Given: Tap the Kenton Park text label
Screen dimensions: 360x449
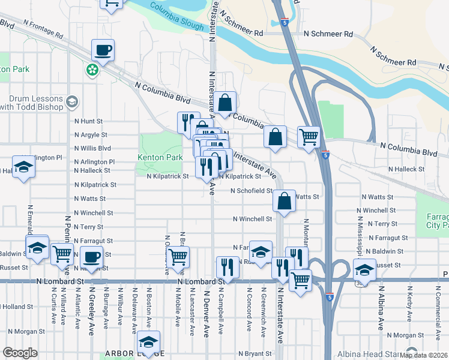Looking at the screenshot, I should (x=160, y=158).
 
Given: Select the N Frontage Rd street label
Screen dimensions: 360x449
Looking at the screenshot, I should (x=44, y=29).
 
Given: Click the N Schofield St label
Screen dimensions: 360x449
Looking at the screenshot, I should (x=253, y=191).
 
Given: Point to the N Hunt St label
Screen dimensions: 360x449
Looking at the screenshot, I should (x=89, y=121).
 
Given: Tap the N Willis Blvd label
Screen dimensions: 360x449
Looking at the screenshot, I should (x=92, y=148).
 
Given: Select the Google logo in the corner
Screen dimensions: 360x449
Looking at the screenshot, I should (x=20, y=353).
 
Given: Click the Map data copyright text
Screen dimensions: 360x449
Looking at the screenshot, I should (x=423, y=355).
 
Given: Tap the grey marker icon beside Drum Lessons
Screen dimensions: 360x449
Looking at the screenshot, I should (x=73, y=101).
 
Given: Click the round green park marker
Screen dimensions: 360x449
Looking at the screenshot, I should (x=92, y=70).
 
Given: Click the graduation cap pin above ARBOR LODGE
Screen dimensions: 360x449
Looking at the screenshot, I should (x=148, y=341).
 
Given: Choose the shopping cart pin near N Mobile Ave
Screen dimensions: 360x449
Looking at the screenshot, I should (x=178, y=256).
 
